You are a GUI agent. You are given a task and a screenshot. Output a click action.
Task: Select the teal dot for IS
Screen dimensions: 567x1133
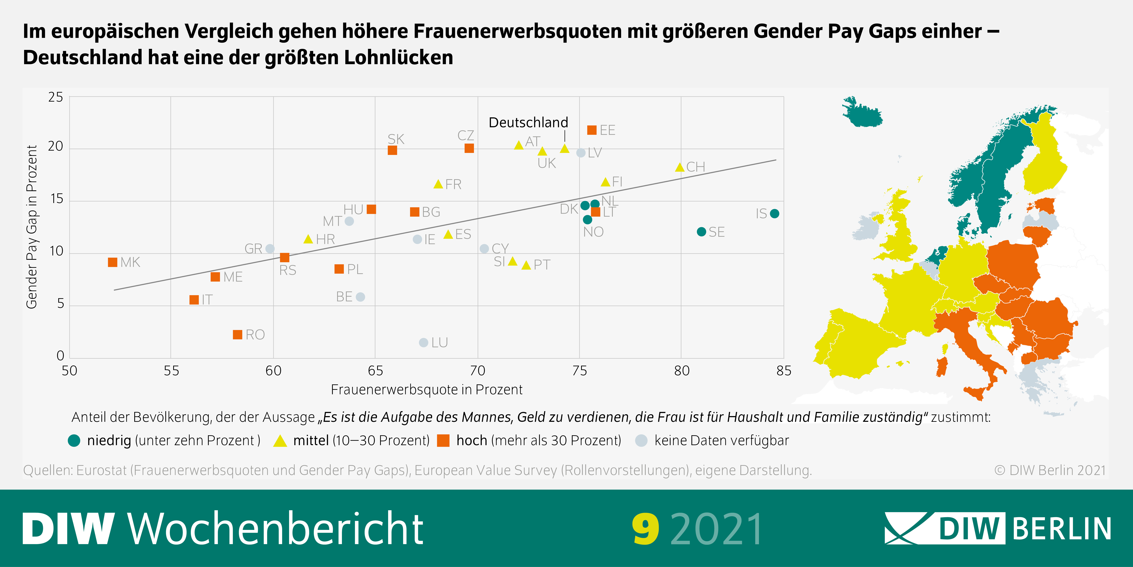point(775,214)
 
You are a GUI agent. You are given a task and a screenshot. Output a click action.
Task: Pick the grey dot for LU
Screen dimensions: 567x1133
point(424,342)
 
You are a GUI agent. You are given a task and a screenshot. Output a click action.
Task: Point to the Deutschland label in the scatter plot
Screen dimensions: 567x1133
point(528,122)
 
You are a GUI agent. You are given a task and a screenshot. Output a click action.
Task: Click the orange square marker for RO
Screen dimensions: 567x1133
point(237,335)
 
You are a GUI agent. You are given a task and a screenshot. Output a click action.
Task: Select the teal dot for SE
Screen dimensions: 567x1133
point(701,232)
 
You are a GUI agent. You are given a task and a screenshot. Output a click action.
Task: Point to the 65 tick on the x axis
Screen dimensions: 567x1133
point(375,371)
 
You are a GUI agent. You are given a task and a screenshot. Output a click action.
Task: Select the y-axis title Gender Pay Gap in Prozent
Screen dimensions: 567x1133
point(32,227)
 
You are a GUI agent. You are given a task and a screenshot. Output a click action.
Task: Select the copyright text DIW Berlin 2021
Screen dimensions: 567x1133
point(1050,470)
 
